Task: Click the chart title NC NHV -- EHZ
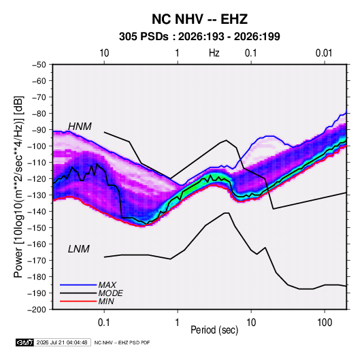point(199,19)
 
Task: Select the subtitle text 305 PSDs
point(144,37)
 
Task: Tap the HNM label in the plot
point(80,127)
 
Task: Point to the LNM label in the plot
point(79,249)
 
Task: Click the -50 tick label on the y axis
point(39,65)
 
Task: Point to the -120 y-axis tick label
point(37,179)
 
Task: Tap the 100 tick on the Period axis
point(325,323)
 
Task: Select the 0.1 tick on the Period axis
point(104,323)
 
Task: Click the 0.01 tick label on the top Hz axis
point(324,53)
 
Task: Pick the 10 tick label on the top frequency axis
point(104,53)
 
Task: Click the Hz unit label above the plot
point(214,53)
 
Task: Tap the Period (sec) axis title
point(214,330)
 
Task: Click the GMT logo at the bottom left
point(25,342)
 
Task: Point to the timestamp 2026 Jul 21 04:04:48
point(62,342)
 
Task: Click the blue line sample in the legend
point(78,284)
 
